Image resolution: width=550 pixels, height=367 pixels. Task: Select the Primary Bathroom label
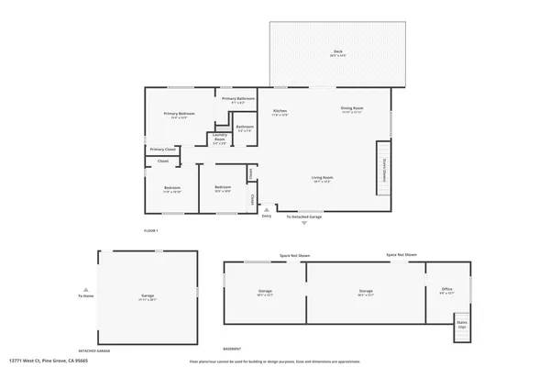pyautogui.click(x=237, y=99)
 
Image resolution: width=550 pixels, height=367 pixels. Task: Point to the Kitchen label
pyautogui.click(x=280, y=112)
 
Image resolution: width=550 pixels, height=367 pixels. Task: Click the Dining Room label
pyautogui.click(x=353, y=109)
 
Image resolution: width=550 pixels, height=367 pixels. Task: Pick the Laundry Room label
pyautogui.click(x=220, y=141)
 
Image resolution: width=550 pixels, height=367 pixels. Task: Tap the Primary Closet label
pyautogui.click(x=163, y=149)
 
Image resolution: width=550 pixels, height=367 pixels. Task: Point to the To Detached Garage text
pyautogui.click(x=304, y=217)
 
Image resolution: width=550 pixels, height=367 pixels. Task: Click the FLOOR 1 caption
pyautogui.click(x=151, y=229)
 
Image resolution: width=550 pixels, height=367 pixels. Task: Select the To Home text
pyautogui.click(x=86, y=296)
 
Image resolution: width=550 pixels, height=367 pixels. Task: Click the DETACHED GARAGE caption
pyautogui.click(x=94, y=350)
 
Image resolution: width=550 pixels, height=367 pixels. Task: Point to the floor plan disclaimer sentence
pyautogui.click(x=272, y=361)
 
